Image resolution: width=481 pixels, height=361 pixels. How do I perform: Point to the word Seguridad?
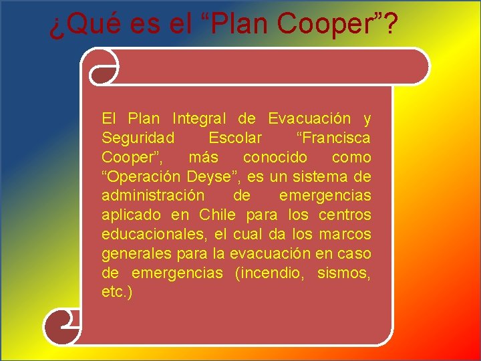(x=138, y=138)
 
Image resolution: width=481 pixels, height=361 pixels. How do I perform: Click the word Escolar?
(x=235, y=138)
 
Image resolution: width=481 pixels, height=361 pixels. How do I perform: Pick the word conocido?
(x=275, y=158)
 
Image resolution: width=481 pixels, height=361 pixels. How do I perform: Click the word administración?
(x=153, y=197)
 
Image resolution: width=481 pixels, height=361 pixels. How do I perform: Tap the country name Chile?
(x=218, y=215)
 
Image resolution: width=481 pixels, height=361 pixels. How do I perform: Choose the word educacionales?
(x=153, y=235)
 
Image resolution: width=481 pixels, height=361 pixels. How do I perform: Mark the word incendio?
(x=275, y=273)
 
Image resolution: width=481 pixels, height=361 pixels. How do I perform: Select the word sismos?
(x=343, y=273)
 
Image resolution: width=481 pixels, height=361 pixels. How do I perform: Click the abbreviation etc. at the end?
(x=115, y=293)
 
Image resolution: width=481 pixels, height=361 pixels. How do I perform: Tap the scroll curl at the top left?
(x=104, y=67)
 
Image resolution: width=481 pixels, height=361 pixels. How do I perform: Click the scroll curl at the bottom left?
(x=60, y=327)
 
